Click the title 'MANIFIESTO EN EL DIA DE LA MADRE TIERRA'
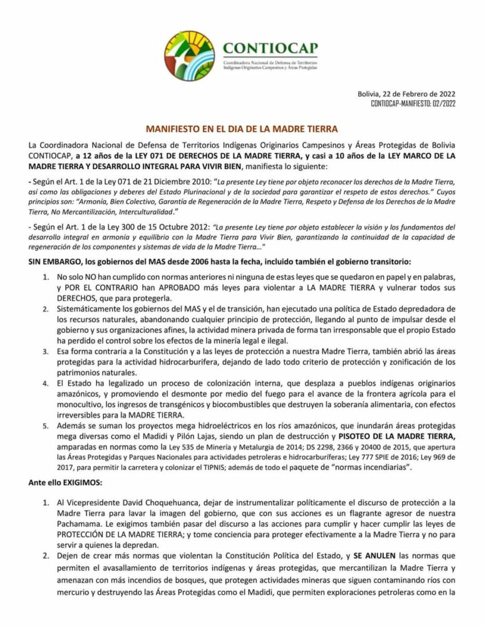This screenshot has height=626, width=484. pyautogui.click(x=242, y=127)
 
